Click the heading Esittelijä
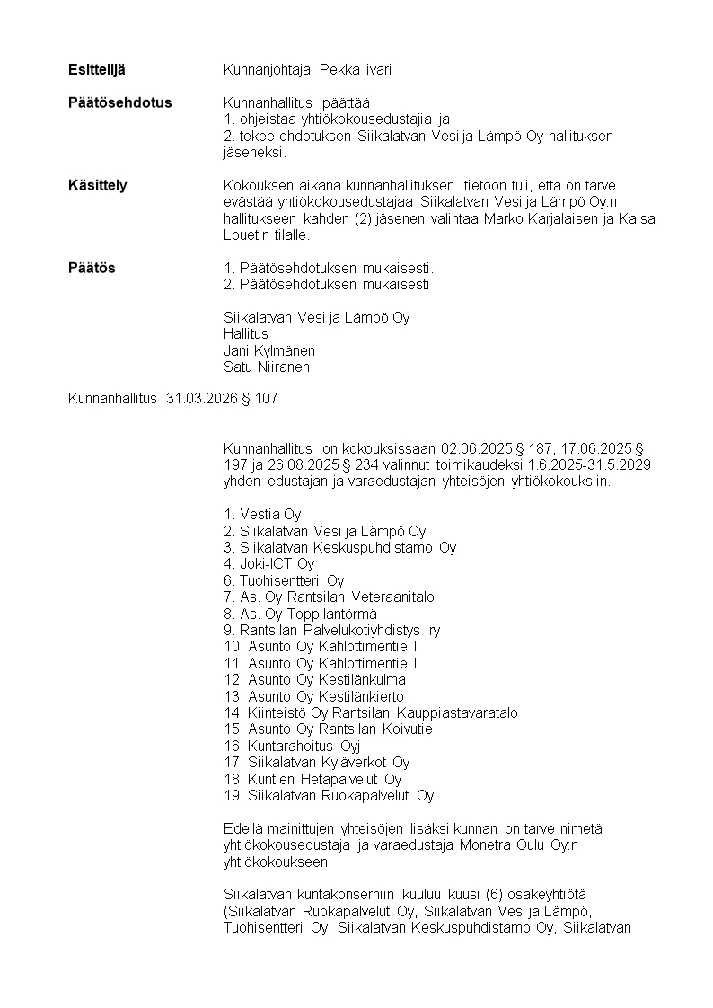[x=97, y=69]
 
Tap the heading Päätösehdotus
[x=119, y=102]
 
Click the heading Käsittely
[x=98, y=185]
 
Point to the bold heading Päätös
[x=92, y=268]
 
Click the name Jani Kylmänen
[x=268, y=350]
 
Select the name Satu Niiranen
[x=267, y=367]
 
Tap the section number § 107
[x=260, y=399]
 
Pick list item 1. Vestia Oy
[x=262, y=515]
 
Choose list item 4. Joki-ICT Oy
[x=269, y=564]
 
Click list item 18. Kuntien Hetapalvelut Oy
[x=312, y=779]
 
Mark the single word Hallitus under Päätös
[x=245, y=333]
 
